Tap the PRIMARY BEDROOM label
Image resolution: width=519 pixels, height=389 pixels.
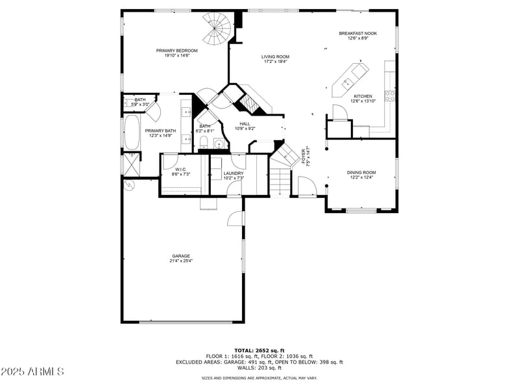(x=176, y=50)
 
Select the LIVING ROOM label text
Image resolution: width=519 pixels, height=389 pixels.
(x=275, y=56)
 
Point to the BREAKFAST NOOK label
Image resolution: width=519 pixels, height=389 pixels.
(x=357, y=33)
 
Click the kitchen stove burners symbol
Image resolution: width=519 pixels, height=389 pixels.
(x=391, y=96)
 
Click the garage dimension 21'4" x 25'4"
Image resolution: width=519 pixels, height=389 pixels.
(x=182, y=260)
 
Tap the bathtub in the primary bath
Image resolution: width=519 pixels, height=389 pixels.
(x=132, y=134)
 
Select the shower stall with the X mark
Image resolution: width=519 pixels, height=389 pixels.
(x=131, y=164)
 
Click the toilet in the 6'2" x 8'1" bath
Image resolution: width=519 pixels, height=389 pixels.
(x=202, y=142)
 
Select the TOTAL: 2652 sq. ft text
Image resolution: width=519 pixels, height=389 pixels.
(x=259, y=350)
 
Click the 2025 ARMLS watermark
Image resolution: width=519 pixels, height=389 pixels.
(x=32, y=371)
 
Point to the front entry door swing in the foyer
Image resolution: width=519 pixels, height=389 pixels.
(x=308, y=188)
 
